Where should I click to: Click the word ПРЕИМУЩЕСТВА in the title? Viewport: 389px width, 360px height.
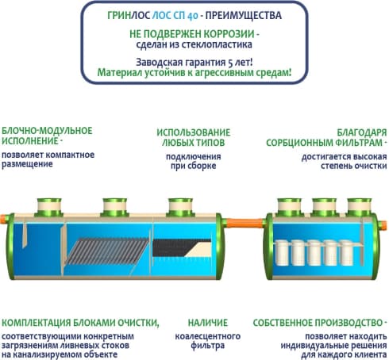(244, 16)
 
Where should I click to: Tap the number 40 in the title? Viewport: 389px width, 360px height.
(193, 16)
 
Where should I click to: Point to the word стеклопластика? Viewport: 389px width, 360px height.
(217, 44)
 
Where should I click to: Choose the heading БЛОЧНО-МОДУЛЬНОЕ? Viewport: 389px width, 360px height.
(47, 131)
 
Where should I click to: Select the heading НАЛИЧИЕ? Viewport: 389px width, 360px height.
(208, 323)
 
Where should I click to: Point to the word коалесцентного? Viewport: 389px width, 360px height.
(208, 336)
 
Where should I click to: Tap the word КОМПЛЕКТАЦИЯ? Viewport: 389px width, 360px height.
(37, 323)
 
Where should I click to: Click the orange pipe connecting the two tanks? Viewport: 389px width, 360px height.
(245, 223)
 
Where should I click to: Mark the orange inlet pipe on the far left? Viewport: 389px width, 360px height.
(3, 219)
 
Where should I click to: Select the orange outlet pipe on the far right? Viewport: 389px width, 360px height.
(383, 225)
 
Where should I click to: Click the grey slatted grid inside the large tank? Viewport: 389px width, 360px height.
(107, 251)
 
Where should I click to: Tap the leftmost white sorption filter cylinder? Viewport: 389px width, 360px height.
(283, 253)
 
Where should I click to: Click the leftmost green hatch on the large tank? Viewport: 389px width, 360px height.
(49, 208)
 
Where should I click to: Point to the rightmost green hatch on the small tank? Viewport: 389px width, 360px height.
(360, 208)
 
